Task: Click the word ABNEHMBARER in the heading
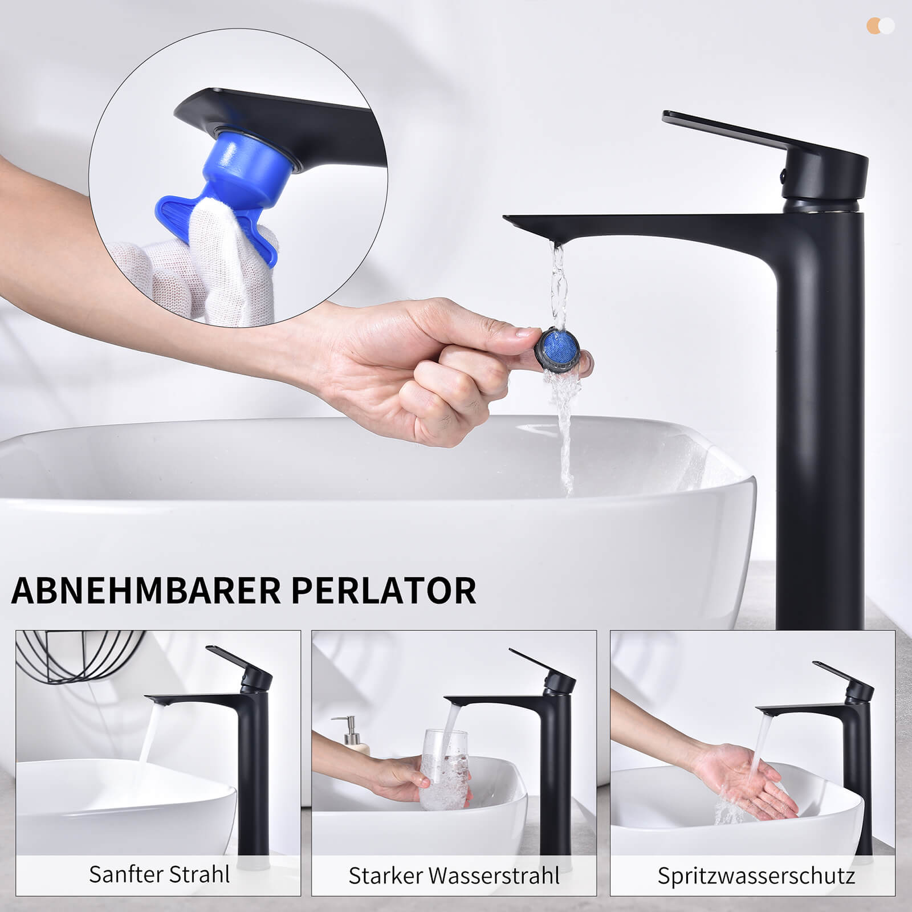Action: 146,591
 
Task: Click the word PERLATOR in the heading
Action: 384,591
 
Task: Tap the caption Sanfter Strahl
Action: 159,874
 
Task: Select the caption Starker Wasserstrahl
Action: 454,876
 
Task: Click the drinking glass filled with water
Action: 445,769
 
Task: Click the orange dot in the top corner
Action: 873,26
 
